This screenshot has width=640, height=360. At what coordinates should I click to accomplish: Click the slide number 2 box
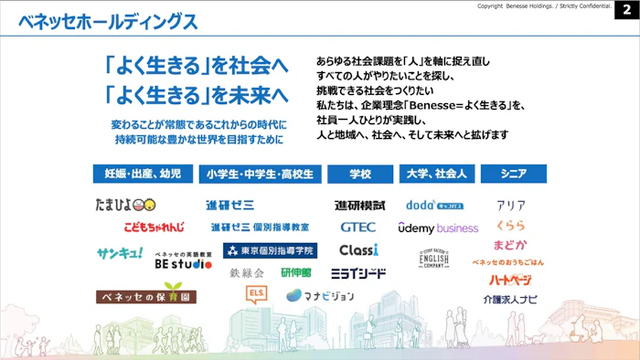[x=626, y=8]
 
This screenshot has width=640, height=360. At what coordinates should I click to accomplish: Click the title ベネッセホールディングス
[x=107, y=21]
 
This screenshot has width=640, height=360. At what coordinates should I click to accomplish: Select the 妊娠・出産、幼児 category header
[x=143, y=174]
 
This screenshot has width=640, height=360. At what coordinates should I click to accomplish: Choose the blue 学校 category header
[x=360, y=174]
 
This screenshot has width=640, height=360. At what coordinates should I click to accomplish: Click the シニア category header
[x=512, y=174]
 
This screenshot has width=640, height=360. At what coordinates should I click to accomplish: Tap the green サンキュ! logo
[x=120, y=252]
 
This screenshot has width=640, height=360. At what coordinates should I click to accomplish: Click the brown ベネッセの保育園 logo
[x=146, y=297]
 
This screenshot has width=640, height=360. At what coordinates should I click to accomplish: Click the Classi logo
[x=358, y=249]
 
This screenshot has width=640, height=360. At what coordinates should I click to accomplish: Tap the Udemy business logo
[x=438, y=228]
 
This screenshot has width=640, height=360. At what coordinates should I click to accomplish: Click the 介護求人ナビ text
[x=510, y=299]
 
